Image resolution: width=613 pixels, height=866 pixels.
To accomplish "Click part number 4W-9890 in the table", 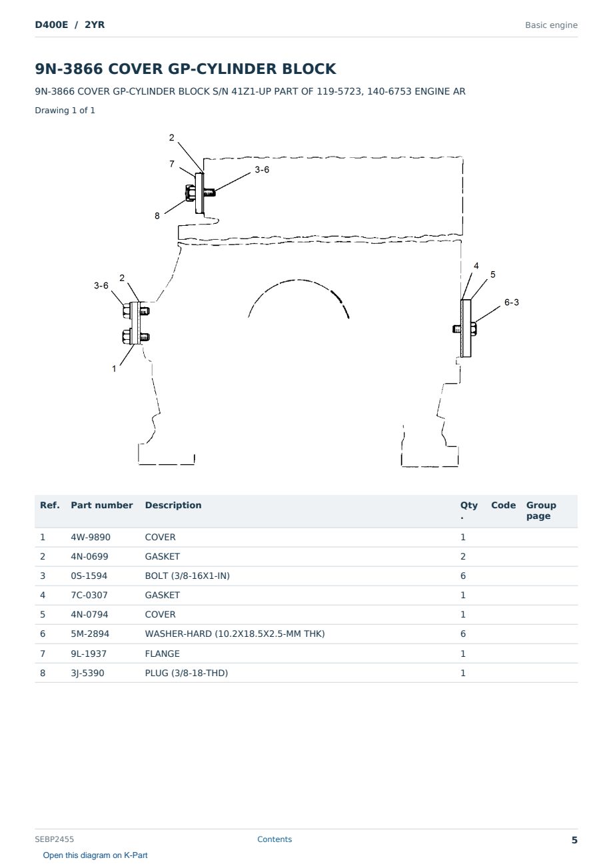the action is click(91, 537).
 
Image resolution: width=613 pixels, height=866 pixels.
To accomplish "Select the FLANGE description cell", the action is click(162, 653).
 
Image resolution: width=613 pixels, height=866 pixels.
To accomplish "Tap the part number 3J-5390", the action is click(87, 673).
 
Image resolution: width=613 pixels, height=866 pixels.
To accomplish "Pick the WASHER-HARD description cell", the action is click(235, 634).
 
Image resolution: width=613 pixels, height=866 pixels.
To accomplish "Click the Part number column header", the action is click(102, 505).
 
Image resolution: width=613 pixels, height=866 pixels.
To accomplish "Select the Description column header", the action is click(173, 505).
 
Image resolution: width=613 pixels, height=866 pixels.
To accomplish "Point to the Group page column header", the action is click(541, 510).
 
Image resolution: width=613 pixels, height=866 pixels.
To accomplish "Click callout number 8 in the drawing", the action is click(157, 216).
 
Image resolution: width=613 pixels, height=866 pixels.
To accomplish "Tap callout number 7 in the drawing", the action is click(172, 164).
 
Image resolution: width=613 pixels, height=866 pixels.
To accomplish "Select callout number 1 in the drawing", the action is click(114, 369).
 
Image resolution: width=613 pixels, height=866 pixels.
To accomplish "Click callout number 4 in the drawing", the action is click(476, 266).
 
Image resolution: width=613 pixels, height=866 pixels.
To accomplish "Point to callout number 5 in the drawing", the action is click(492, 274).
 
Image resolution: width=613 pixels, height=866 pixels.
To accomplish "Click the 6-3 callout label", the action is click(511, 302).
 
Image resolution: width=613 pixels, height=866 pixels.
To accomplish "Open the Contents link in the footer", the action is click(275, 839).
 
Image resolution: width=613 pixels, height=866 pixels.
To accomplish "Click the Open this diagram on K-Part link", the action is click(95, 855).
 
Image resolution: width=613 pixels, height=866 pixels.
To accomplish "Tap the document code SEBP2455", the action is click(54, 839).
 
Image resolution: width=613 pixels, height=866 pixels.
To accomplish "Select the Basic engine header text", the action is click(551, 25).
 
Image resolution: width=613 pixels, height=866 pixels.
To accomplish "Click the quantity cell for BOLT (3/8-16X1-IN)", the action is click(463, 576).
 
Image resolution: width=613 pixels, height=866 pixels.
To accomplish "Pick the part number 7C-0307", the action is click(89, 595).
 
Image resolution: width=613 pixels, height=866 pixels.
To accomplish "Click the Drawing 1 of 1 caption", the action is click(65, 110).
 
